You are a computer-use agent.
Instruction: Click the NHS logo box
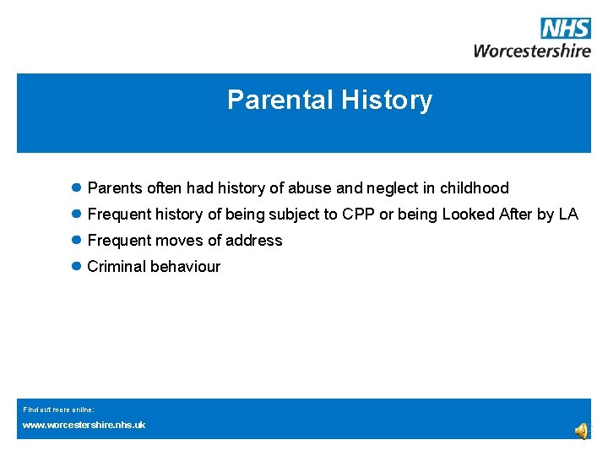point(565,29)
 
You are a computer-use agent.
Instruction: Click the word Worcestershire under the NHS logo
point(532,51)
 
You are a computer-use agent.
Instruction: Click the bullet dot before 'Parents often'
point(76,187)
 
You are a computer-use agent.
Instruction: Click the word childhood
point(474,188)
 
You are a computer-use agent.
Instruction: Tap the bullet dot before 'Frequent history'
point(76,214)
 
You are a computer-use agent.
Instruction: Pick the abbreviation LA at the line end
point(568,214)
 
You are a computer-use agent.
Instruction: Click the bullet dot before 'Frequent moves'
point(76,240)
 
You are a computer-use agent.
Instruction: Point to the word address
point(254,241)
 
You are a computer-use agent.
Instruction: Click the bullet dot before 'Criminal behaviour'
point(76,266)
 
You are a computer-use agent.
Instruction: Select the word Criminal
point(117,267)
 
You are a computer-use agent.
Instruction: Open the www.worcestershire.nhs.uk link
point(84,425)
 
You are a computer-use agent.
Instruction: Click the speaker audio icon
point(582,431)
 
